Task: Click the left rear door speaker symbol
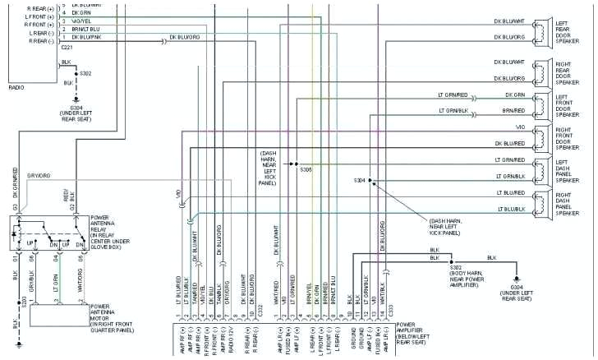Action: pyautogui.click(x=543, y=30)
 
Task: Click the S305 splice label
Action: pyautogui.click(x=305, y=170)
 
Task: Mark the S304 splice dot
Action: pyautogui.click(x=370, y=180)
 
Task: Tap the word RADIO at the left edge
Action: pyautogui.click(x=16, y=86)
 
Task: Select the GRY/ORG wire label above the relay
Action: pyautogui.click(x=39, y=175)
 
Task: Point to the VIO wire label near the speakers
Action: pyautogui.click(x=519, y=127)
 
